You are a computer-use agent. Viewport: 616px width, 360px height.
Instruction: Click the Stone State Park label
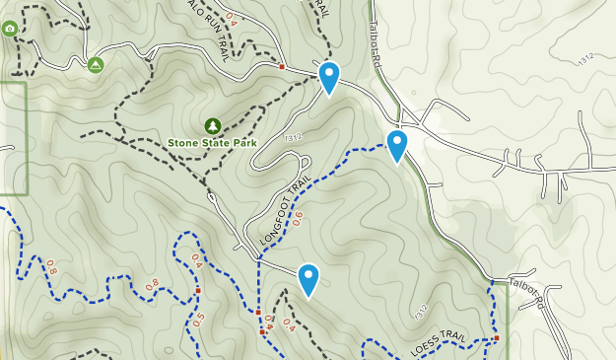212,143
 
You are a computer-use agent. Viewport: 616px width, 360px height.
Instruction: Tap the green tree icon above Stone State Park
212,125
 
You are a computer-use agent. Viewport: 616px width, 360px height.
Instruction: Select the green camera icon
10,29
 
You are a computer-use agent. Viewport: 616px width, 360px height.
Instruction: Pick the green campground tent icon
96,65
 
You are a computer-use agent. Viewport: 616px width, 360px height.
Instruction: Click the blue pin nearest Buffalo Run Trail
328,78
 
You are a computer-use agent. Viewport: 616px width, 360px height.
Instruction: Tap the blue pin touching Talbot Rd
397,146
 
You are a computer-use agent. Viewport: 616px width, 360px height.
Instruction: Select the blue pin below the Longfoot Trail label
308,280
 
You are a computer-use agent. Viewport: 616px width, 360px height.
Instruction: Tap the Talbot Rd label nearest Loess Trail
526,292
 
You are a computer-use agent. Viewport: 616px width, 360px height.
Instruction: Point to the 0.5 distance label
199,323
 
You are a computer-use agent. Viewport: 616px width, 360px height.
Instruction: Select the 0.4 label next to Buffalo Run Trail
232,18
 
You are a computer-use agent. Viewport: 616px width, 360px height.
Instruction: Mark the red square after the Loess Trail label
497,338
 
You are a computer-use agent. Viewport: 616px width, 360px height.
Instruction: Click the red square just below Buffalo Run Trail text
282,67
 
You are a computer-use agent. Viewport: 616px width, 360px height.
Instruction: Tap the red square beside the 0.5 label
198,291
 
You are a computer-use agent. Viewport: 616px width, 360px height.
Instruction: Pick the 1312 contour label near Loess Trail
422,314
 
